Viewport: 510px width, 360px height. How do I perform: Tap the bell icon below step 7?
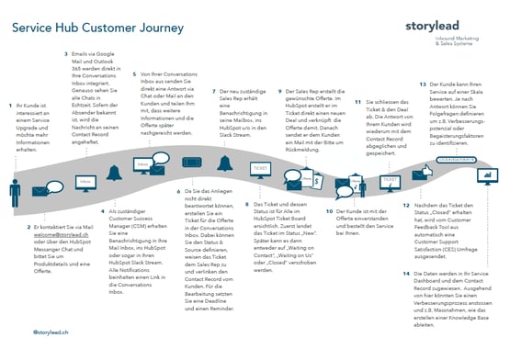click(225, 163)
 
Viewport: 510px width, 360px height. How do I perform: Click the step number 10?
click(327, 210)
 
